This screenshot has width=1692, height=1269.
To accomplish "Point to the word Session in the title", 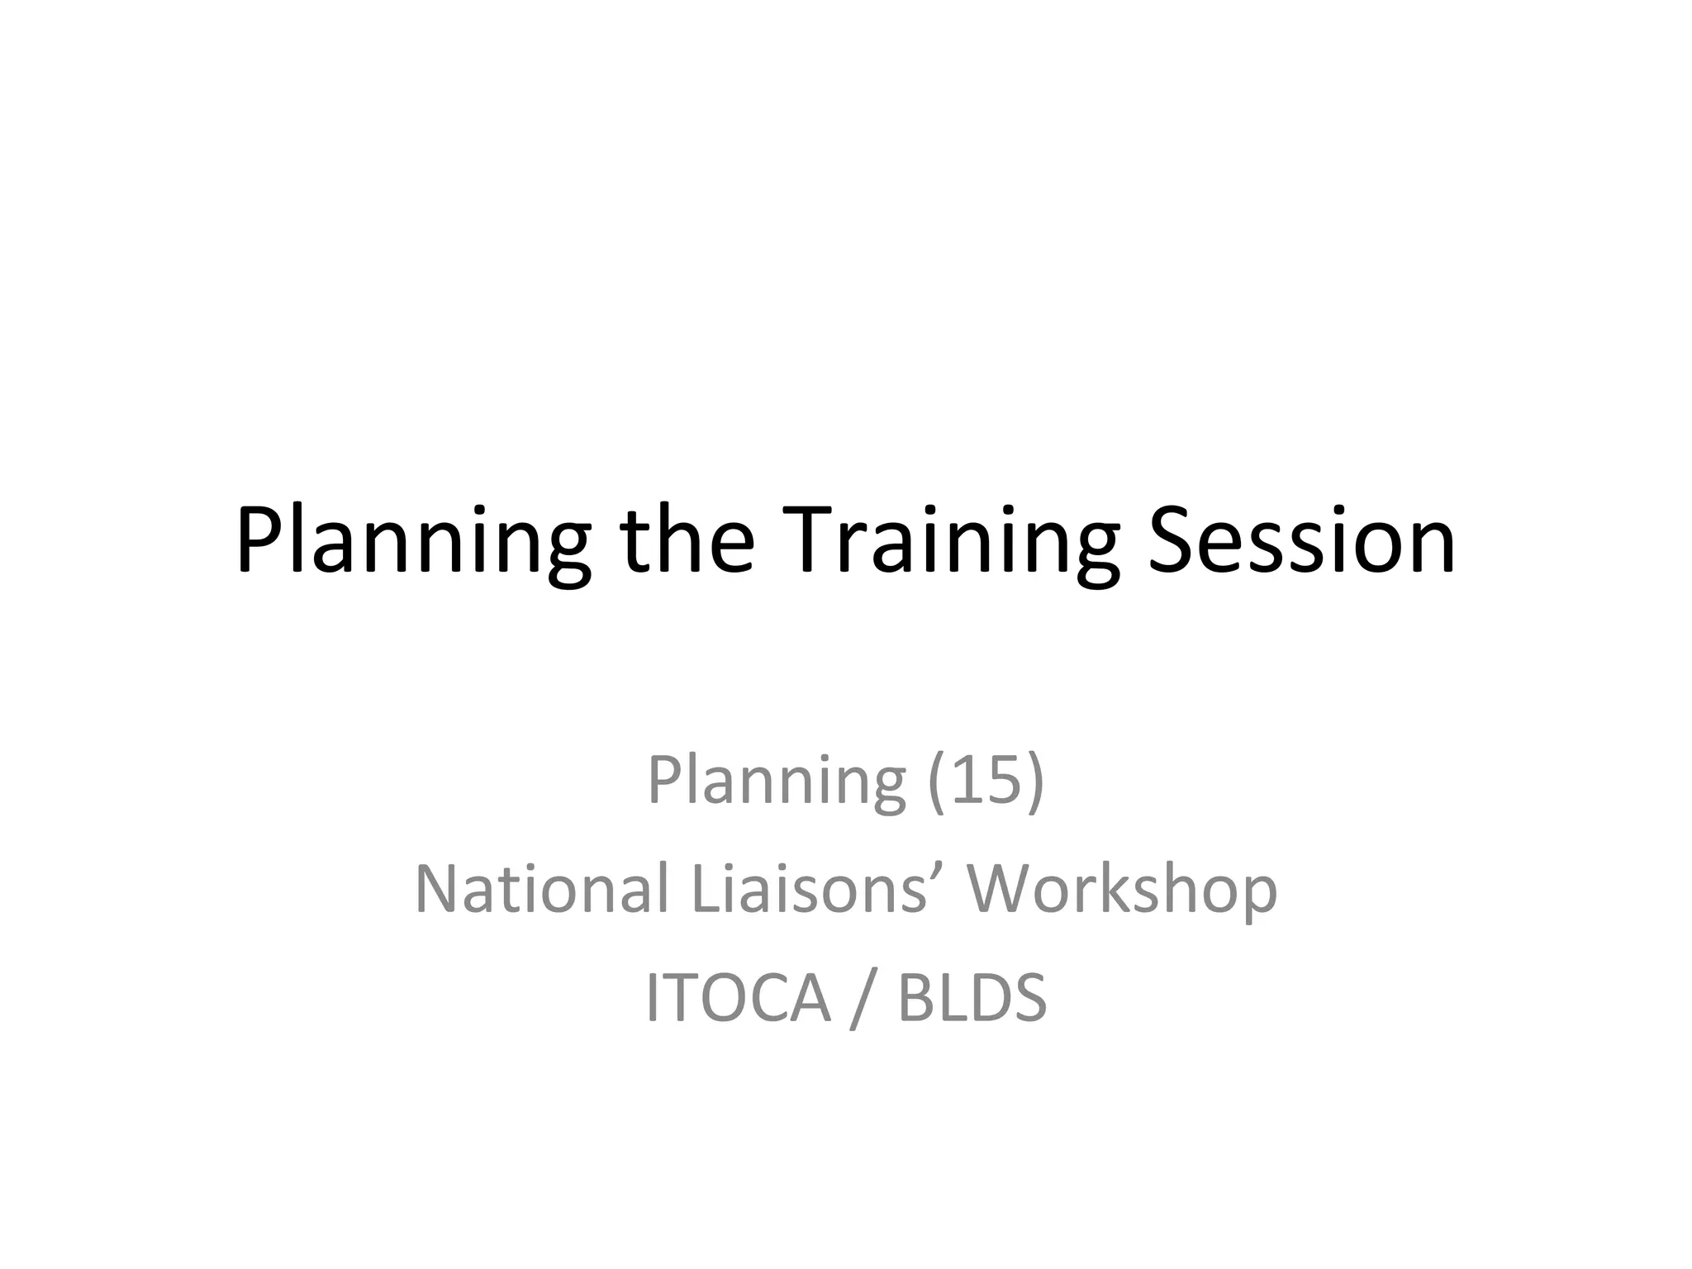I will [x=1302, y=541].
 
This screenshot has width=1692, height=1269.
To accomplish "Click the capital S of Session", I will [x=1172, y=541].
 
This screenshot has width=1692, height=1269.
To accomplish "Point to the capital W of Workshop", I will [x=1005, y=889].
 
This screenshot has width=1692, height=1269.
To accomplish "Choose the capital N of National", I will [x=437, y=889].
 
